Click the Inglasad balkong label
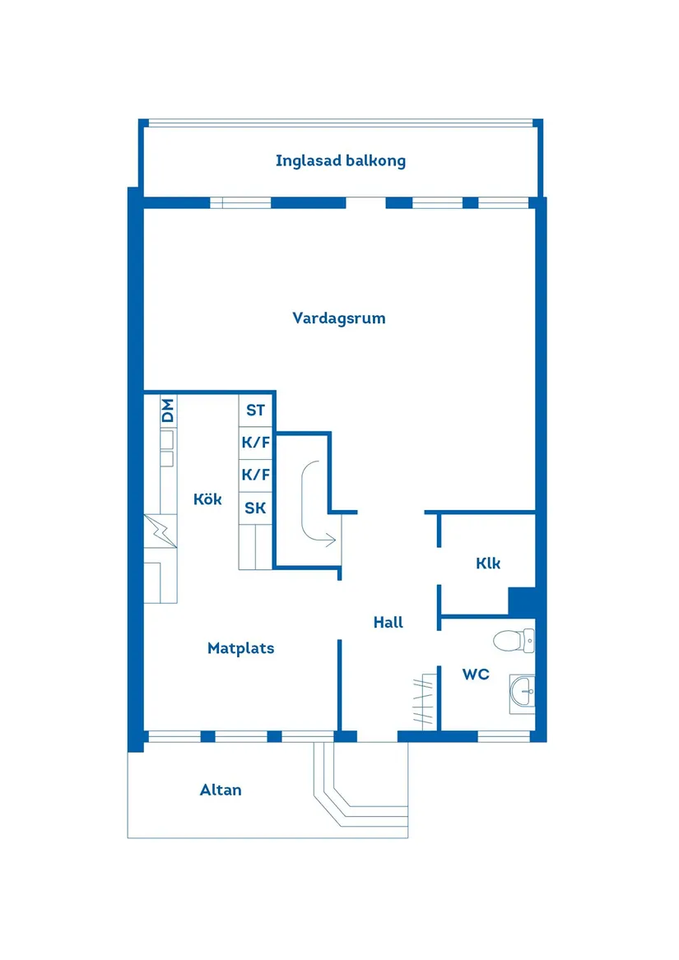340,160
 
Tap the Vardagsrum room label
338,318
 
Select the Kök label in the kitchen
207,499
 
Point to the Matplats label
240,648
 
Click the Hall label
388,622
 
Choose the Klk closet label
487,563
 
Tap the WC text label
475,675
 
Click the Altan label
221,790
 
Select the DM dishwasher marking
168,410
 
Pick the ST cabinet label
255,410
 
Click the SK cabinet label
255,508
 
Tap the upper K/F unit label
255,443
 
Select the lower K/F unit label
255,475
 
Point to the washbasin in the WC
521,691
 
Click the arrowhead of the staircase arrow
331,540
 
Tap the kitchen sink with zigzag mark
160,531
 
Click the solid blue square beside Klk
521,601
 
